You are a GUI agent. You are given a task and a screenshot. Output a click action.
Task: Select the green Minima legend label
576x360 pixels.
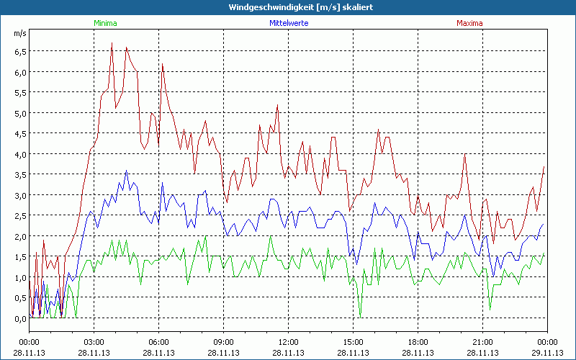click(105, 23)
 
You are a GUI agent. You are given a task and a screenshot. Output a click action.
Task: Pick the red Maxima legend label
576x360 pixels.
click(469, 23)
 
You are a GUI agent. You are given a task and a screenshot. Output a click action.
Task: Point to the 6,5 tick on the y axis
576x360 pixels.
click(19, 51)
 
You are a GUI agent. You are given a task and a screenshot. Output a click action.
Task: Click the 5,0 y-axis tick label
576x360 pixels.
click(19, 113)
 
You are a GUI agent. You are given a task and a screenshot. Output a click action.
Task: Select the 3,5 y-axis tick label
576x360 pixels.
click(19, 174)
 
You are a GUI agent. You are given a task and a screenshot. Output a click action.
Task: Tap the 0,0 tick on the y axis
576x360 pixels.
click(19, 318)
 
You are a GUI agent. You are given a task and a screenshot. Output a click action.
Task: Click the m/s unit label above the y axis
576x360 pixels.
click(19, 33)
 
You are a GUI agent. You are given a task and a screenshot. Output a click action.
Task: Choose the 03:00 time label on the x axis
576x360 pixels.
click(94, 341)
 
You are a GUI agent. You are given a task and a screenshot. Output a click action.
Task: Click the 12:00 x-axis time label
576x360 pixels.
click(288, 341)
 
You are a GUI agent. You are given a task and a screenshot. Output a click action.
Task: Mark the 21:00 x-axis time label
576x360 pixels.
click(482, 341)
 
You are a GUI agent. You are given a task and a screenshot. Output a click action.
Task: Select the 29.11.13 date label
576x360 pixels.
click(547, 352)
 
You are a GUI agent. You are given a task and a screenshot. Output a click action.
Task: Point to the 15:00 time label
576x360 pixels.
click(353, 341)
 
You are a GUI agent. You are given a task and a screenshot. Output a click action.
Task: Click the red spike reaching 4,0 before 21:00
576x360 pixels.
click(465, 154)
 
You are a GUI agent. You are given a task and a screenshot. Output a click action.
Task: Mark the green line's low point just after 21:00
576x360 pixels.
click(490, 310)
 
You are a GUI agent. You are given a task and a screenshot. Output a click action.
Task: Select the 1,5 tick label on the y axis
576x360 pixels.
click(19, 257)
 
